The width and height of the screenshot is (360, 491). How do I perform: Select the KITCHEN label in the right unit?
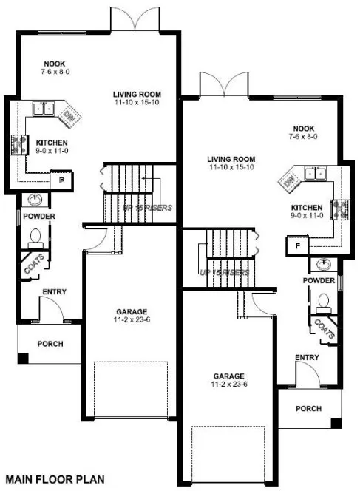pos(305,208)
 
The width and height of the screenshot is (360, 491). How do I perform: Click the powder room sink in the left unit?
pos(35,200)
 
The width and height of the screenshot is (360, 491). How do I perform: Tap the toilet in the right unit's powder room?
pos(322,300)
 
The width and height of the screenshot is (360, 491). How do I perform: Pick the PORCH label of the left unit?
pos(50,344)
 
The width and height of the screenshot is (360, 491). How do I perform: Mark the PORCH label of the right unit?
pos(309,408)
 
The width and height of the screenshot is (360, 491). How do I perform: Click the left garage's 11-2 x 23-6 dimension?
pos(129,320)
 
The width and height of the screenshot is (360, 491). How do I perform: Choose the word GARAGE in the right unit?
pos(230,375)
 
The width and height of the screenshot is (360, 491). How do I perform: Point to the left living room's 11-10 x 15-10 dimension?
pos(137,102)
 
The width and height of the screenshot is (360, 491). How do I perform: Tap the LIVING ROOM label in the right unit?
pos(231,159)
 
